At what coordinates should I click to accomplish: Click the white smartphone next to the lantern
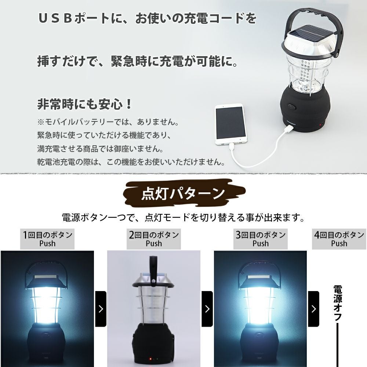pos(230,125)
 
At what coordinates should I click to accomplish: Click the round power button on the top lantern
pos(292,107)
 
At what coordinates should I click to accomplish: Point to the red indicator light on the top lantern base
pos(320,126)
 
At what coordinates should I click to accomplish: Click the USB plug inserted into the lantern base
pos(288,128)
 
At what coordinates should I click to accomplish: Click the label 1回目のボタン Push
pos(47,239)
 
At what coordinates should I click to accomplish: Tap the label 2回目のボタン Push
pos(154,239)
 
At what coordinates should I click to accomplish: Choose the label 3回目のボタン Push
pos(261,239)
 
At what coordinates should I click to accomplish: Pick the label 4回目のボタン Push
pos(339,239)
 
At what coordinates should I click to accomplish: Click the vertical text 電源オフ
pos(338,303)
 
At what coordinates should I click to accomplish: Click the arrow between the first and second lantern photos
pos(101,309)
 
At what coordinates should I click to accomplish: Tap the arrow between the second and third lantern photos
pos(207,309)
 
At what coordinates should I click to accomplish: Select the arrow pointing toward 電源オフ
pos(314,309)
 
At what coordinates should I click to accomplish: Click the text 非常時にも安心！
pos(85,104)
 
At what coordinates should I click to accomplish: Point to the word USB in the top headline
pos(55,18)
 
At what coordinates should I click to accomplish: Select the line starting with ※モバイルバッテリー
pos(108,122)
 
